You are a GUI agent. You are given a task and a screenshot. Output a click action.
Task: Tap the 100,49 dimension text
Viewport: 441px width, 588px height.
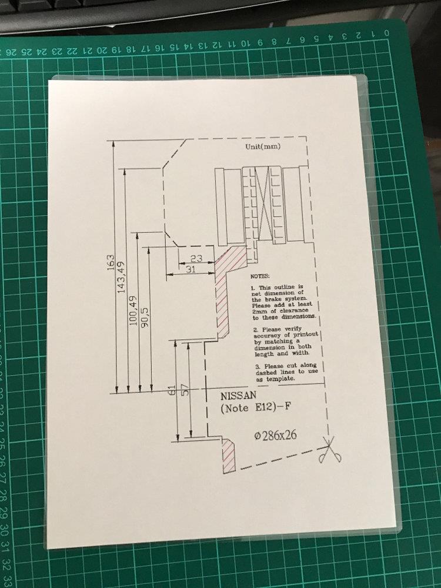[133, 311]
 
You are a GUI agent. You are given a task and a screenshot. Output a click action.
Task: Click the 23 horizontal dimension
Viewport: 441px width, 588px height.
[196, 258]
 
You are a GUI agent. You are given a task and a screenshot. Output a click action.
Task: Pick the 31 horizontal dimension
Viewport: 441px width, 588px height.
[191, 269]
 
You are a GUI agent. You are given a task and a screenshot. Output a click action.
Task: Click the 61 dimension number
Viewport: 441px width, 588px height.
[172, 390]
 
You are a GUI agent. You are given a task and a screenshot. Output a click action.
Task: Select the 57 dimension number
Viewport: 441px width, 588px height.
[185, 390]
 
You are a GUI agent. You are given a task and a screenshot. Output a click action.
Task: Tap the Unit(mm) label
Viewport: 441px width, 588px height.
[263, 146]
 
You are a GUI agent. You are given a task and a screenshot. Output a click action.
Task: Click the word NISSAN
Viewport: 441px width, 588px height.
[239, 396]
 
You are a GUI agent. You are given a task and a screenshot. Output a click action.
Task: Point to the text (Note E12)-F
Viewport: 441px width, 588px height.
[256, 407]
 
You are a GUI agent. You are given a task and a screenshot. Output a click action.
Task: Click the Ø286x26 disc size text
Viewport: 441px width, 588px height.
[275, 435]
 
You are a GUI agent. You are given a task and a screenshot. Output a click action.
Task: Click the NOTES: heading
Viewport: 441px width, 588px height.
[260, 276]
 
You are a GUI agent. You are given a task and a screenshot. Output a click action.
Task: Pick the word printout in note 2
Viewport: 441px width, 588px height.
[305, 334]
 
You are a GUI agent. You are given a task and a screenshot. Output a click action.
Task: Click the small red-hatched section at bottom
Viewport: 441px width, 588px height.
[228, 455]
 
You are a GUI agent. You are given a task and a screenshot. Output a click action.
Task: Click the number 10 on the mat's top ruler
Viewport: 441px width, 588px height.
[244, 44]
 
